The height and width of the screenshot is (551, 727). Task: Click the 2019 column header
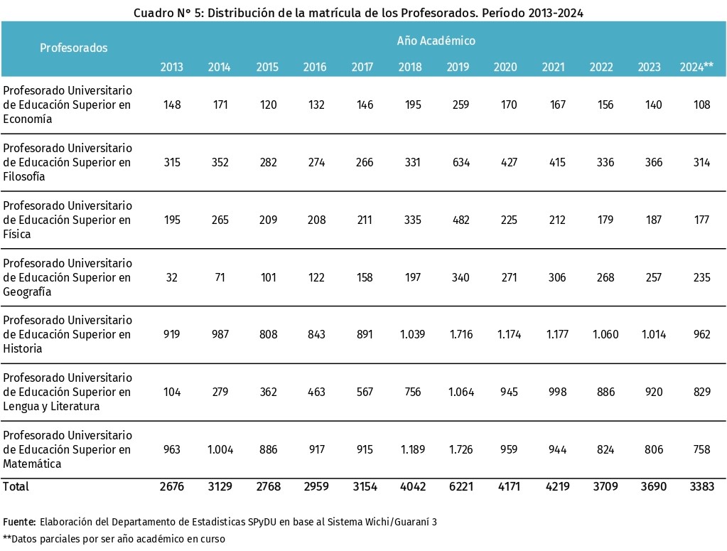[x=458, y=67]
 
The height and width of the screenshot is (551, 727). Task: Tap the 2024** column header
[x=696, y=67]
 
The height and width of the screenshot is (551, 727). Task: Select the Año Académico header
[x=436, y=41]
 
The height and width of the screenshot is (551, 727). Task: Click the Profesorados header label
[x=74, y=48]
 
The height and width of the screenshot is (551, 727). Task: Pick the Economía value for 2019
[x=461, y=105]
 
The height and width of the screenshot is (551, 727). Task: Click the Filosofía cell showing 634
[x=461, y=162]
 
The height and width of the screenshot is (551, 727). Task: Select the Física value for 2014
[x=220, y=220]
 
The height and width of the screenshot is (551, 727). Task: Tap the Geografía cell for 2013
[x=171, y=277]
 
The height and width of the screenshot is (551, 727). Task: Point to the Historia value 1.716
[x=461, y=334]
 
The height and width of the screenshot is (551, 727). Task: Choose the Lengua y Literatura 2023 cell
[x=654, y=392]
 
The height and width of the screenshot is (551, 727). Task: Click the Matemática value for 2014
[x=220, y=449]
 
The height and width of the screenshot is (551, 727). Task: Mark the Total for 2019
[x=461, y=486]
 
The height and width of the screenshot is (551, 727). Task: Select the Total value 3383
[x=702, y=486]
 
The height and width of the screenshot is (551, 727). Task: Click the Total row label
[x=16, y=486]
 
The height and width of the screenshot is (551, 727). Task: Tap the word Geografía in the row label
[x=27, y=291]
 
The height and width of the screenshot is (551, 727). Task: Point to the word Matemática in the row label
[x=32, y=464]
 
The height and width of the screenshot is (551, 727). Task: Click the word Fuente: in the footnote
[x=19, y=522]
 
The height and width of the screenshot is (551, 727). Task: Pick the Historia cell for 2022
[x=605, y=334]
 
